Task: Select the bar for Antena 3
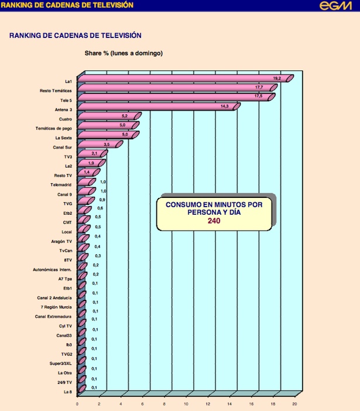158,107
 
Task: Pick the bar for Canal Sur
98,144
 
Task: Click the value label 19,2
277,78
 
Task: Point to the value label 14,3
225,107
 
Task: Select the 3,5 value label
107,144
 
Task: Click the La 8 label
68,392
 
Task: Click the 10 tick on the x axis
186,403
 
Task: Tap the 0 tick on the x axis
77,403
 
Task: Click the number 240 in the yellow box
214,221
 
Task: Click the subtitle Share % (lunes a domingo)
124,53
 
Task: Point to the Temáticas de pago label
54,128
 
